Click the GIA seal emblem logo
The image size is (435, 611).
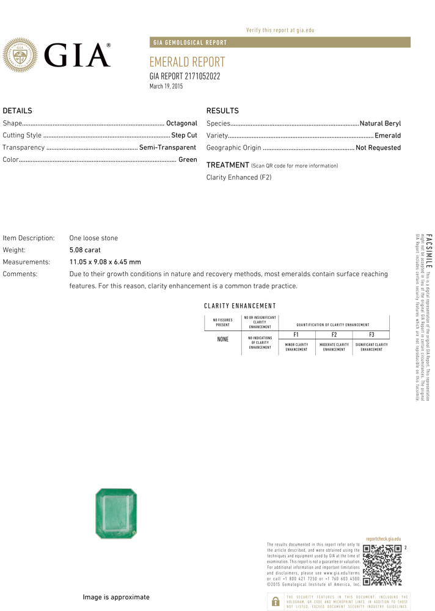[21, 55]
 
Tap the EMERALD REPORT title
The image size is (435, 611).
[187, 62]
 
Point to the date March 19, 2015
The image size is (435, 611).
[166, 87]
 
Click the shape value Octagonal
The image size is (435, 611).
[181, 123]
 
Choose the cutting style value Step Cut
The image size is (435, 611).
[184, 135]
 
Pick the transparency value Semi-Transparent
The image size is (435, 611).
[167, 147]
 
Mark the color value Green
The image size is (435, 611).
[188, 159]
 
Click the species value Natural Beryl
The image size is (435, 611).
[380, 123]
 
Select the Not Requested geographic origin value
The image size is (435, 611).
[378, 147]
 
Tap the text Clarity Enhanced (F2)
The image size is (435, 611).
[239, 177]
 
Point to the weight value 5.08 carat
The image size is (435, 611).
[85, 250]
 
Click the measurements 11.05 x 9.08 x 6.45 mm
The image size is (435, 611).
[105, 262]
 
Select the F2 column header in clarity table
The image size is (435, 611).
[334, 335]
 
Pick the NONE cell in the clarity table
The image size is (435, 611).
[222, 339]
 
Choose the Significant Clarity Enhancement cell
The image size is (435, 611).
[371, 347]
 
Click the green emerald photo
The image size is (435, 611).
[116, 513]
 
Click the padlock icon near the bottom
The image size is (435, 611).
[275, 601]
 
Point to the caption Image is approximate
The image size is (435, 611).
[116, 597]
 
